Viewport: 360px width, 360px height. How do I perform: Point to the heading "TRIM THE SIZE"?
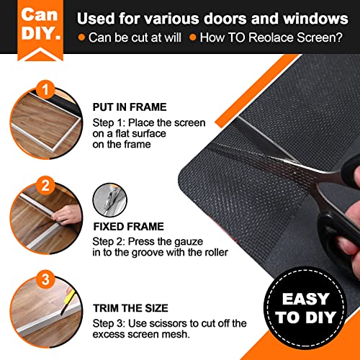tap(128, 307)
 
